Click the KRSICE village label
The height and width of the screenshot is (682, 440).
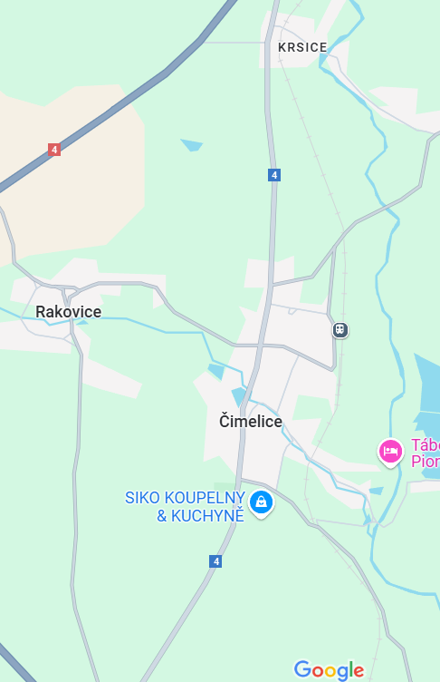[302, 47]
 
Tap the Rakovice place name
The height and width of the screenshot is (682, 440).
[68, 312]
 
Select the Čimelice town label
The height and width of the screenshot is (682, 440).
[251, 422]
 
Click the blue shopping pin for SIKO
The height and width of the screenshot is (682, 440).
[262, 502]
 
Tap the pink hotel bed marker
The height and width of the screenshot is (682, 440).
[390, 451]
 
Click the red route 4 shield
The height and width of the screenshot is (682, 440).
[54, 150]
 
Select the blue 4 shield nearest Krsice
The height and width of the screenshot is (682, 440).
[273, 174]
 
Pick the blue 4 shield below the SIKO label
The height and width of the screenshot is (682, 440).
[215, 561]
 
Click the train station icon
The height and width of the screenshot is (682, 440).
[340, 330]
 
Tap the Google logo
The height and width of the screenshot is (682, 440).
[329, 670]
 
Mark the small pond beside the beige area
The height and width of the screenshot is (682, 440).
[191, 144]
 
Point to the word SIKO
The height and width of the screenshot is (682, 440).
[142, 498]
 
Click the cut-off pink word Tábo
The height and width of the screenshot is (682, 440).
[425, 445]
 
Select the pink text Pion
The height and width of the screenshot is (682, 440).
[425, 461]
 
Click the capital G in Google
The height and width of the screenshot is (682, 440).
[302, 669]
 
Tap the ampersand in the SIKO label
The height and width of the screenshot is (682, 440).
[162, 516]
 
